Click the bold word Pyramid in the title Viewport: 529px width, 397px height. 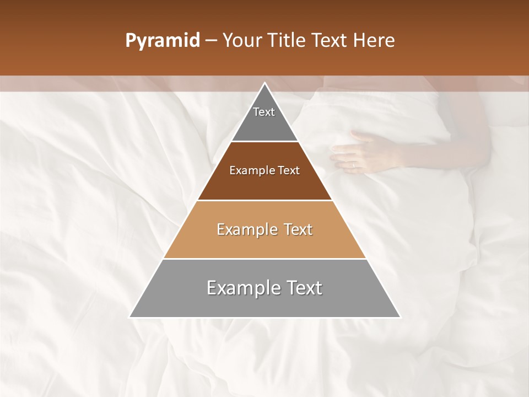tap(162, 41)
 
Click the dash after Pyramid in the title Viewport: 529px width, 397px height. tap(211, 41)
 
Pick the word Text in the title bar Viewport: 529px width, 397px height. tap(330, 41)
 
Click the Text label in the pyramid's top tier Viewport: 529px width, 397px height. tap(264, 112)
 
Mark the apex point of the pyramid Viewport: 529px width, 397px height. tap(265, 83)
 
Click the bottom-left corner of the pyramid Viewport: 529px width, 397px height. tap(130, 317)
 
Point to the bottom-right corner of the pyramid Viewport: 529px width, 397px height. tap(400, 317)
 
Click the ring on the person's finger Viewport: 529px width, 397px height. tap(353, 164)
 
